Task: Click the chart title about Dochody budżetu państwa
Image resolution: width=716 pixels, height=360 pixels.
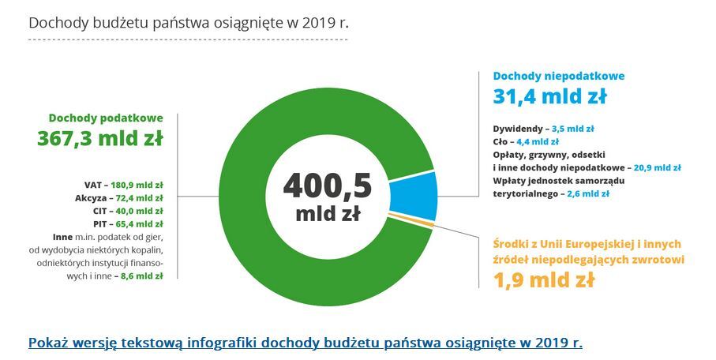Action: click(x=188, y=22)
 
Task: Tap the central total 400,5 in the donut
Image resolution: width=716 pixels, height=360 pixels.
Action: click(x=327, y=186)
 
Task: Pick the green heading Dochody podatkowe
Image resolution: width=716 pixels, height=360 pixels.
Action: click(x=106, y=117)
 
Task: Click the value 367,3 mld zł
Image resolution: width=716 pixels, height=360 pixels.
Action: click(x=100, y=139)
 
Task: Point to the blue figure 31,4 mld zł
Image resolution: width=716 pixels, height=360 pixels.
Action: click(x=549, y=96)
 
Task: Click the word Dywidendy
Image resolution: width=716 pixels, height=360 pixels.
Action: click(x=518, y=128)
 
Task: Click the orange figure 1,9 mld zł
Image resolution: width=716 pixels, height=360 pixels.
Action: click(x=544, y=279)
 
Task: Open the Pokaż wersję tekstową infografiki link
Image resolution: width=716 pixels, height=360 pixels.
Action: click(x=305, y=343)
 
